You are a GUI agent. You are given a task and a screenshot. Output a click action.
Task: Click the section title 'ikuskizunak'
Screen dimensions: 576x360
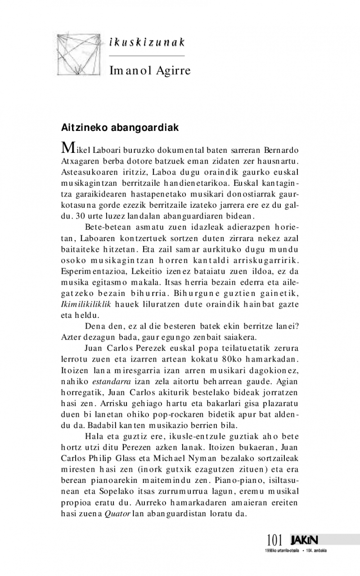tap(147, 43)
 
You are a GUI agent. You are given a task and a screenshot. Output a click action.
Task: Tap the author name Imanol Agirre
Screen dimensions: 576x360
tap(150, 71)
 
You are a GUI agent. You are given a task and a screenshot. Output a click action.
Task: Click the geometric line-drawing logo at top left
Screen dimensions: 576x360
tap(82, 53)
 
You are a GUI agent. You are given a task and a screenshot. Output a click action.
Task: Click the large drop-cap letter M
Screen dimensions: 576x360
tap(67, 147)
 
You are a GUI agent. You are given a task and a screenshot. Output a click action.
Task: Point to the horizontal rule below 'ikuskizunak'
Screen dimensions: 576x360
tap(147, 56)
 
